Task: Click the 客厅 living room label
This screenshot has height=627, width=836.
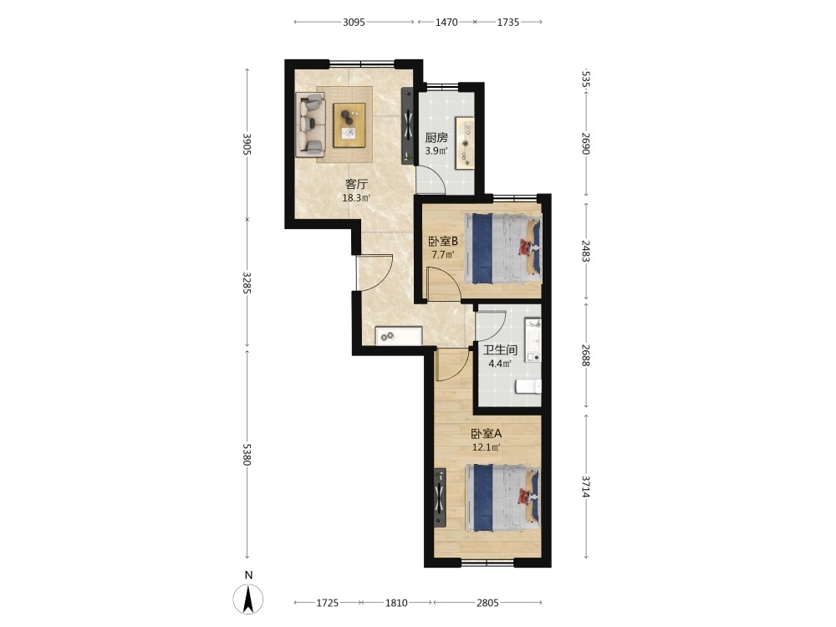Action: [x=356, y=185]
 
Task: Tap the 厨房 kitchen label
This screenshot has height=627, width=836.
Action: [x=436, y=138]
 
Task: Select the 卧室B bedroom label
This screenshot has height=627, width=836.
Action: [x=443, y=241]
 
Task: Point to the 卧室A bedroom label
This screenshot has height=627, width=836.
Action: [x=486, y=434]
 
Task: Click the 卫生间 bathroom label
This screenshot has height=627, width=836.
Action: [x=500, y=350]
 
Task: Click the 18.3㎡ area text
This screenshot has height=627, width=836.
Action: [x=356, y=198]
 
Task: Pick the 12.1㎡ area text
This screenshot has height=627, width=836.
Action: [x=487, y=447]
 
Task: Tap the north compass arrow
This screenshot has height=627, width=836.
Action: [x=248, y=599]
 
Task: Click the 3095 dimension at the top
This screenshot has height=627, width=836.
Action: [x=354, y=22]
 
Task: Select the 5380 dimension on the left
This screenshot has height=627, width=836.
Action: [x=247, y=454]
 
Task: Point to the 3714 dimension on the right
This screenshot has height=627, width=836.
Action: [x=586, y=487]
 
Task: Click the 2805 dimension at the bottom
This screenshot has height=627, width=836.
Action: [x=487, y=603]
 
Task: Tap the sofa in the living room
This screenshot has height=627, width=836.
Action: [x=311, y=125]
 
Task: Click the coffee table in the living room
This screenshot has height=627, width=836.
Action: [x=349, y=125]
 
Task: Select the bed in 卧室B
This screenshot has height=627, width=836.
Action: [x=502, y=248]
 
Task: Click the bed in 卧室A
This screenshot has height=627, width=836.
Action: [x=502, y=498]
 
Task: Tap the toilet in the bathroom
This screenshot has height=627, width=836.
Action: [x=528, y=386]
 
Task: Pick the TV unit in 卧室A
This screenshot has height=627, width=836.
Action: [x=440, y=498]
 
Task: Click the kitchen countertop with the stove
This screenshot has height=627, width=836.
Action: [x=464, y=143]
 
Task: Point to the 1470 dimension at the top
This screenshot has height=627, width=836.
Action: [x=446, y=22]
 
